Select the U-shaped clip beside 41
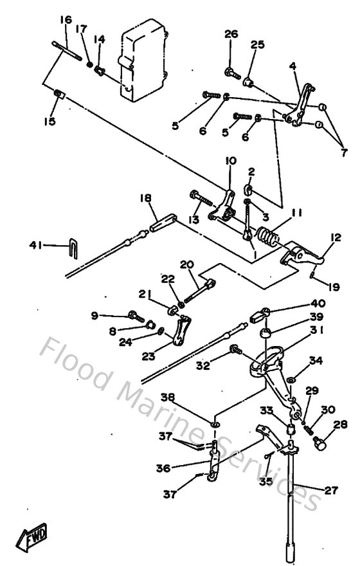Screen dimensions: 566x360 pos(73,246)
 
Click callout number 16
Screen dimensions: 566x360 pos(66,20)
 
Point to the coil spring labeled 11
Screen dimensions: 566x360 pos(267,237)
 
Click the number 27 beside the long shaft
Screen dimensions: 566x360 pos(330,491)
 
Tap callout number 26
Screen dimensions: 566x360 pos(231,34)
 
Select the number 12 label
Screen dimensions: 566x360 pos(335,238)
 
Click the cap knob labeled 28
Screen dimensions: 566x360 pos(321,443)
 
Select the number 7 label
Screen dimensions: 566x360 pos(344,152)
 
